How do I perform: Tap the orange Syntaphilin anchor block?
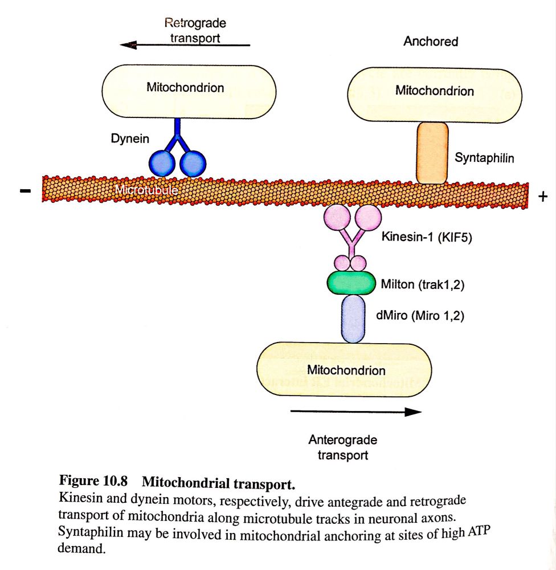point(432,153)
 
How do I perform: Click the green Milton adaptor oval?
point(351,282)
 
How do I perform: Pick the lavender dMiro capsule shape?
point(353,317)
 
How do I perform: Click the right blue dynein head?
point(192,163)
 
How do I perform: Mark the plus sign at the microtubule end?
point(542,197)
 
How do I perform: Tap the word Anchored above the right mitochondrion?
point(431,42)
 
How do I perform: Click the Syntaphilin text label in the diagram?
point(484,157)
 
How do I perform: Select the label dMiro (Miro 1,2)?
point(420,315)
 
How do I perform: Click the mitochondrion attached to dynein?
point(188,88)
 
